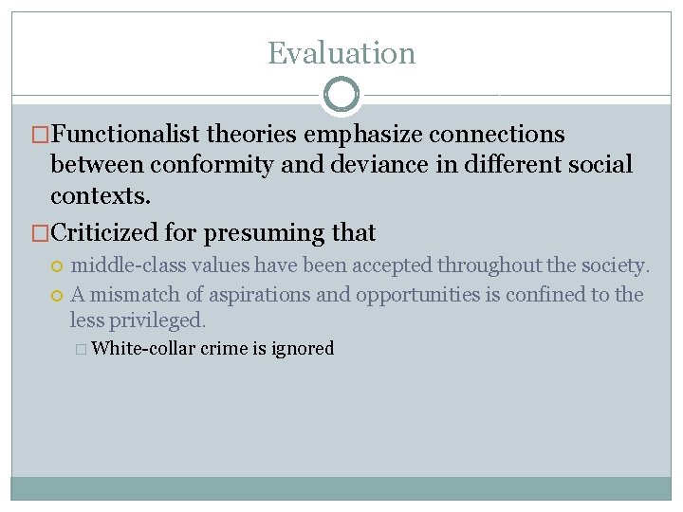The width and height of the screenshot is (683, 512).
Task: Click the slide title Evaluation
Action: tap(341, 53)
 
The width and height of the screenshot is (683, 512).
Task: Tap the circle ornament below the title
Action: tap(341, 96)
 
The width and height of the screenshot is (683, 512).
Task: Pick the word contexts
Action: tap(100, 195)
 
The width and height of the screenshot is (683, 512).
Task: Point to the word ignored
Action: tap(303, 349)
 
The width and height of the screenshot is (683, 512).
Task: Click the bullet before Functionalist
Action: tap(40, 135)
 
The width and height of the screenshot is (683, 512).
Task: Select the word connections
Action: tap(496, 135)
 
